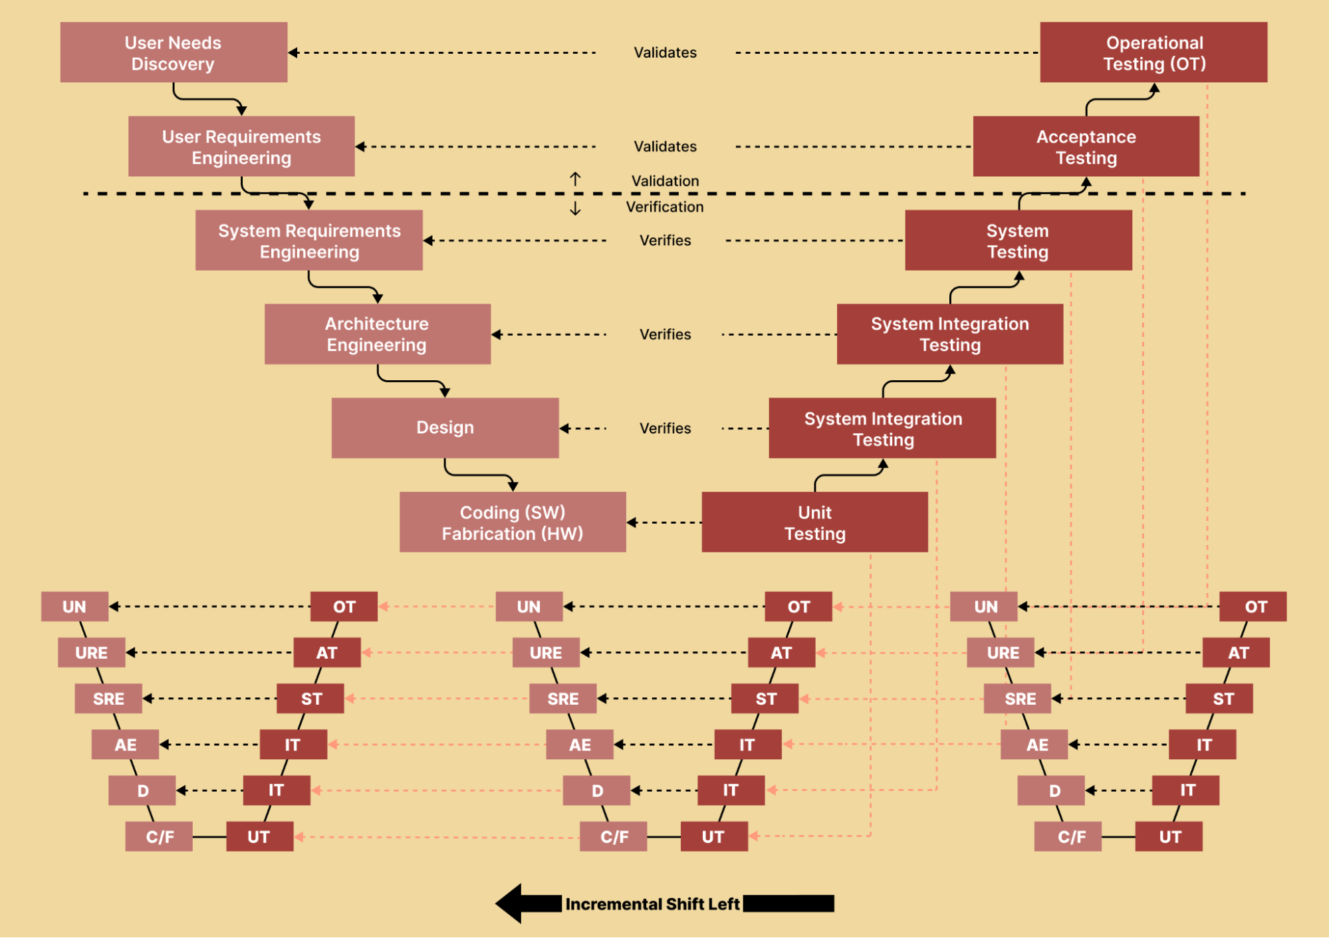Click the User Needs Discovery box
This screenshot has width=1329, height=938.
click(x=174, y=53)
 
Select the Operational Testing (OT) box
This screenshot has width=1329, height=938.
click(x=1153, y=53)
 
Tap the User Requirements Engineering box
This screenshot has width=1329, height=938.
click(x=241, y=146)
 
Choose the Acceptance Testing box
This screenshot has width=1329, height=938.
click(x=1086, y=146)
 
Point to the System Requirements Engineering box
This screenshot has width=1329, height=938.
click(x=309, y=241)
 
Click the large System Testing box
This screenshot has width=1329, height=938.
click(x=1018, y=241)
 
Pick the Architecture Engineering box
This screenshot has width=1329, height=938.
click(x=377, y=334)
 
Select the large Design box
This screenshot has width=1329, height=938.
click(x=445, y=427)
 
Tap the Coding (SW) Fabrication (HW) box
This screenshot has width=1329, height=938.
click(x=513, y=523)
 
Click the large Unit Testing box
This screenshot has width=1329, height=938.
click(x=814, y=523)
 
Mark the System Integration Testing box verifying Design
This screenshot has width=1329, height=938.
click(x=882, y=429)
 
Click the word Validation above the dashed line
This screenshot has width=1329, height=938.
click(x=665, y=181)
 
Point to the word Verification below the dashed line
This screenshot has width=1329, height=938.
click(x=664, y=207)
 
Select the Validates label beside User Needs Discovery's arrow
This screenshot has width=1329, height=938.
click(x=665, y=53)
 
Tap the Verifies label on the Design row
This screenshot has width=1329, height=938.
click(x=665, y=428)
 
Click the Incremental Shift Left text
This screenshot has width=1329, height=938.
click(x=652, y=904)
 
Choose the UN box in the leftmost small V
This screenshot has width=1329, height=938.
click(x=74, y=606)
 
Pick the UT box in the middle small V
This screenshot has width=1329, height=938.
click(x=713, y=836)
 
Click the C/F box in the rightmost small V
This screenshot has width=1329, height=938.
click(x=1071, y=836)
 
